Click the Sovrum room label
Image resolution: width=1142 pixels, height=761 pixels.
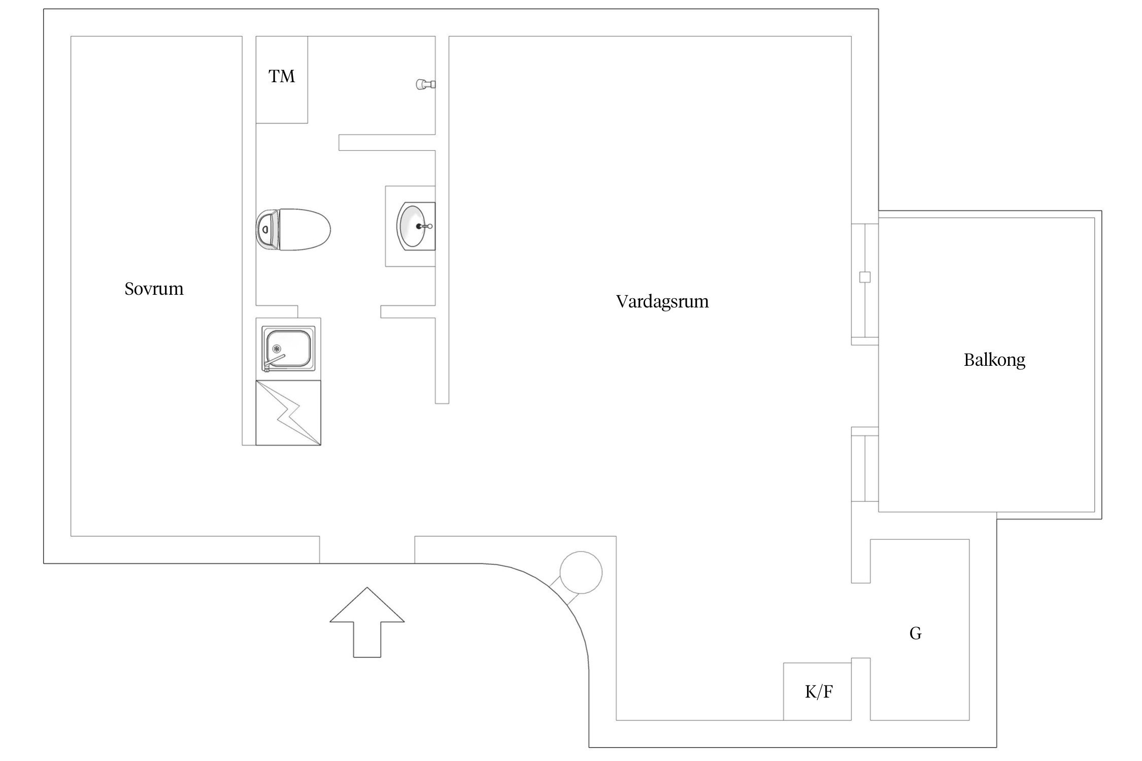(x=154, y=289)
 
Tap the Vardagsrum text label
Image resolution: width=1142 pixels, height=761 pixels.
(x=662, y=301)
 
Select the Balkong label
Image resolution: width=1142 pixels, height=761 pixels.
(x=994, y=360)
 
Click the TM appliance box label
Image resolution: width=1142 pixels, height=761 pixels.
(x=282, y=77)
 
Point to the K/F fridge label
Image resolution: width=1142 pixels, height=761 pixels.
(x=818, y=691)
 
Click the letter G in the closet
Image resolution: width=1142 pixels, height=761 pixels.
(x=915, y=633)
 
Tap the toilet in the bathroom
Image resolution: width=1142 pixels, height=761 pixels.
(x=299, y=230)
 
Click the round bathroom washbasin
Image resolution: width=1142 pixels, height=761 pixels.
(x=414, y=226)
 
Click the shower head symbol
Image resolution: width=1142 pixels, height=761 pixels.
(x=424, y=85)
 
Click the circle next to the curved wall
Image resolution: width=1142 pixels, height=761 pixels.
(x=581, y=572)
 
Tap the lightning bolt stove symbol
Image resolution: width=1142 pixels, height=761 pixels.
(x=289, y=413)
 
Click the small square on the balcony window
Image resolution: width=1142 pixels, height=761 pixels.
(x=865, y=277)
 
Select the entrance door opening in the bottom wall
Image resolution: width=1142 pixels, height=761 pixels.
(x=367, y=550)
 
